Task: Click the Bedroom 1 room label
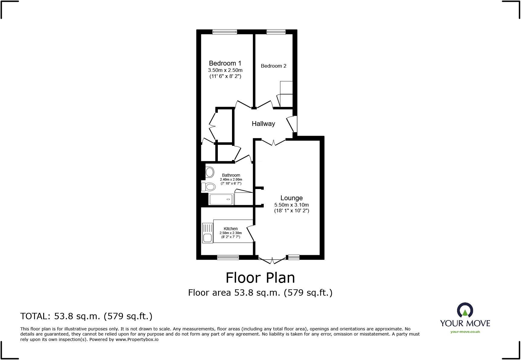coord(225,63)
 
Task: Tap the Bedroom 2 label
coord(273,66)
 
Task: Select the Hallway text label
coord(263,124)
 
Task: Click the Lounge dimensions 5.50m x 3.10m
coord(292,205)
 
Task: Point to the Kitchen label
coord(230,229)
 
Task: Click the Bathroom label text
coord(231,175)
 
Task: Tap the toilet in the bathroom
coord(208,187)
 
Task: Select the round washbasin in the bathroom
coord(210,173)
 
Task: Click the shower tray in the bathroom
coord(221,199)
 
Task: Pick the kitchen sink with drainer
coord(207,233)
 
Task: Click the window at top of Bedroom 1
coord(224,32)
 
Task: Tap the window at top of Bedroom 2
coord(276,32)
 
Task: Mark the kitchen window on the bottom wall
coord(228,257)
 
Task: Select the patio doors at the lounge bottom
coord(272,260)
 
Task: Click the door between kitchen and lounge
coord(251,233)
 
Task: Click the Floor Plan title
coord(260,278)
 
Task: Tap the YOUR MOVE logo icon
coord(465,311)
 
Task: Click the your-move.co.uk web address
coord(465,332)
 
